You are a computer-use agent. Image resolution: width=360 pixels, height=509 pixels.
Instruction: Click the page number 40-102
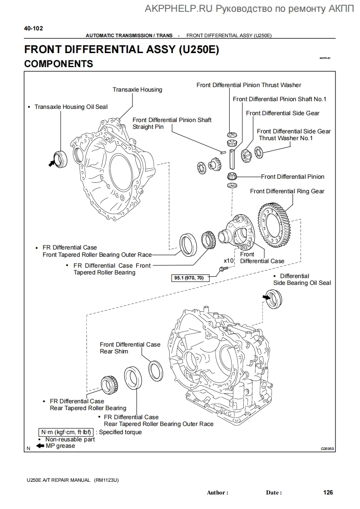click(34, 28)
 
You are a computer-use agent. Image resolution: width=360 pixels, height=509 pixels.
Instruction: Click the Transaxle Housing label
click(137, 89)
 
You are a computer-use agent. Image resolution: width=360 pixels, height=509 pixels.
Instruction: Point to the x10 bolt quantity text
click(228, 261)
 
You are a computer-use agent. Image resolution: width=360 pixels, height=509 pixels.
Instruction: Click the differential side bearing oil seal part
click(274, 299)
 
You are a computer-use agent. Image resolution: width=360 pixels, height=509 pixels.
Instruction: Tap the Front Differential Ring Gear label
click(287, 191)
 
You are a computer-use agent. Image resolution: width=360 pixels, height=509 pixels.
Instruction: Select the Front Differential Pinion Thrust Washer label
click(248, 85)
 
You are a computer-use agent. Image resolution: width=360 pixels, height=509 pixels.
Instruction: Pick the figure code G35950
click(327, 449)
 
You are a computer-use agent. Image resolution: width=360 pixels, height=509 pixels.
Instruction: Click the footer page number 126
click(328, 492)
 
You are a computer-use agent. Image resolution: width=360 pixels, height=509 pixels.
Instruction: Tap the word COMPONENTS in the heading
click(59, 64)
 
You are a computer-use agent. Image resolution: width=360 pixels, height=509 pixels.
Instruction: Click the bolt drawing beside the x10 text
click(222, 269)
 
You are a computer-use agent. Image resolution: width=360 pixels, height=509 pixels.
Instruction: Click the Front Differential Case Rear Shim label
click(130, 348)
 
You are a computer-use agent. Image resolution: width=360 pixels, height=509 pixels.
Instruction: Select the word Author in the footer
click(217, 493)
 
